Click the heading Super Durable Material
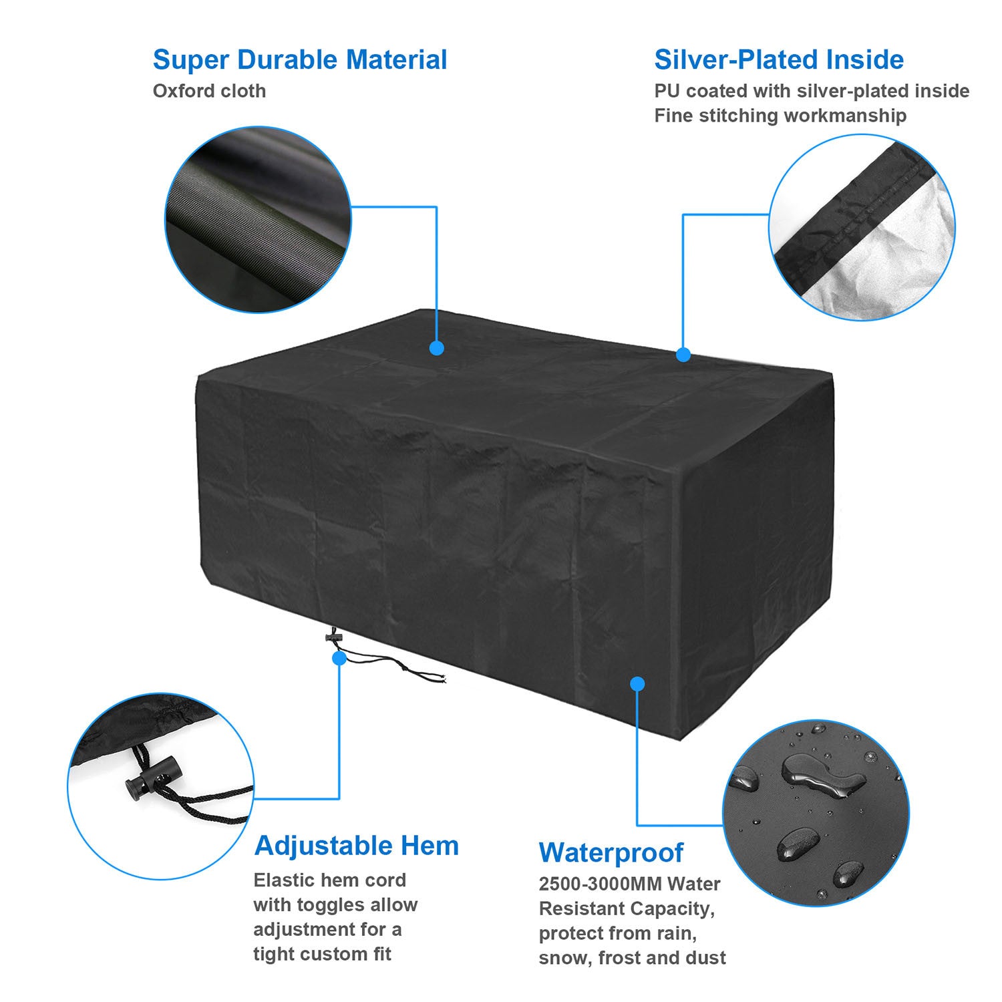300,59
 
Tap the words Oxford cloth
209,91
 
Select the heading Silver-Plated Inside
779,59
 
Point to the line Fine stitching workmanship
780,116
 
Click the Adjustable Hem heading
357,846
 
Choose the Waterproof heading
611,853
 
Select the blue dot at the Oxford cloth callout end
437,348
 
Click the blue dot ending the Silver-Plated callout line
683,355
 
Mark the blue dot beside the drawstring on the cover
339,658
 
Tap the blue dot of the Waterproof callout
637,683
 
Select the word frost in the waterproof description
624,958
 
